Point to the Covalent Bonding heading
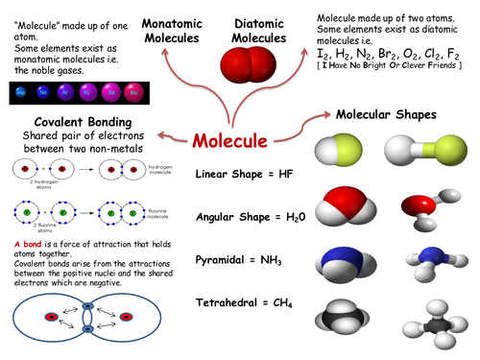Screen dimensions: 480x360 click(73, 124)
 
